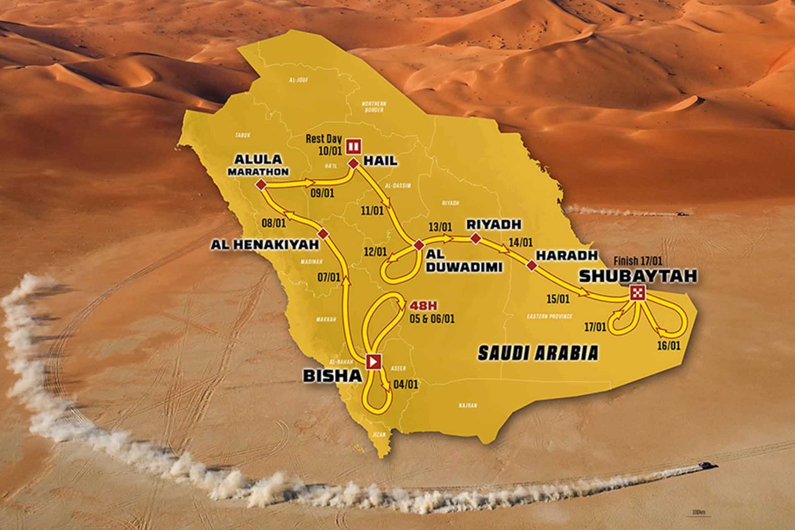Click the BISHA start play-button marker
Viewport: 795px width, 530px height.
coord(373,361)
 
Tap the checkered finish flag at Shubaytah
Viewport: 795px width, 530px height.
coord(637,293)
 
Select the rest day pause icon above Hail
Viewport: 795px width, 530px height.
coord(354,146)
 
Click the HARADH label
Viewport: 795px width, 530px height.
coord(567,255)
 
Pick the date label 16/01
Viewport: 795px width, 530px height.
coord(668,345)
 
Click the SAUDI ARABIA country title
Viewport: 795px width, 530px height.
coord(538,353)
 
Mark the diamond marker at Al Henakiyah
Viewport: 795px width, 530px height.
coord(324,234)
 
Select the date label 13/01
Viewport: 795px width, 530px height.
coord(439,226)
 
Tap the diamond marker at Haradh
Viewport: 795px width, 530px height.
coord(531,265)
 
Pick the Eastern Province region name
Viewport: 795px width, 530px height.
coord(549,316)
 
